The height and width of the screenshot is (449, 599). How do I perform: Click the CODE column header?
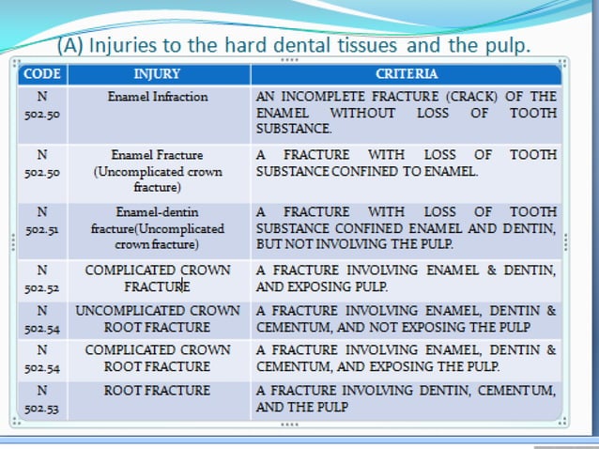(42, 73)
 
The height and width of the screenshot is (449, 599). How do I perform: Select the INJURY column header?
(157, 73)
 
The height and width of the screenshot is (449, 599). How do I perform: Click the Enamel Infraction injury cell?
(158, 96)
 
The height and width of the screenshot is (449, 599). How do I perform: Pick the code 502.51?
(42, 228)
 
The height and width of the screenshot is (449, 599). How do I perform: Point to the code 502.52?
(42, 286)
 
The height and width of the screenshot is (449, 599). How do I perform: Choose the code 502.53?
(42, 407)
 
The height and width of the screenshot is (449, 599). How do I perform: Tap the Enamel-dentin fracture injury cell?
(158, 228)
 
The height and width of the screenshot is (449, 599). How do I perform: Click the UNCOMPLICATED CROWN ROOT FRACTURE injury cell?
(158, 317)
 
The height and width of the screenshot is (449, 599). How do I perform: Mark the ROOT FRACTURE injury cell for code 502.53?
(158, 390)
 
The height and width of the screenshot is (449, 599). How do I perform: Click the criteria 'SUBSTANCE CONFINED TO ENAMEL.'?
(367, 172)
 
